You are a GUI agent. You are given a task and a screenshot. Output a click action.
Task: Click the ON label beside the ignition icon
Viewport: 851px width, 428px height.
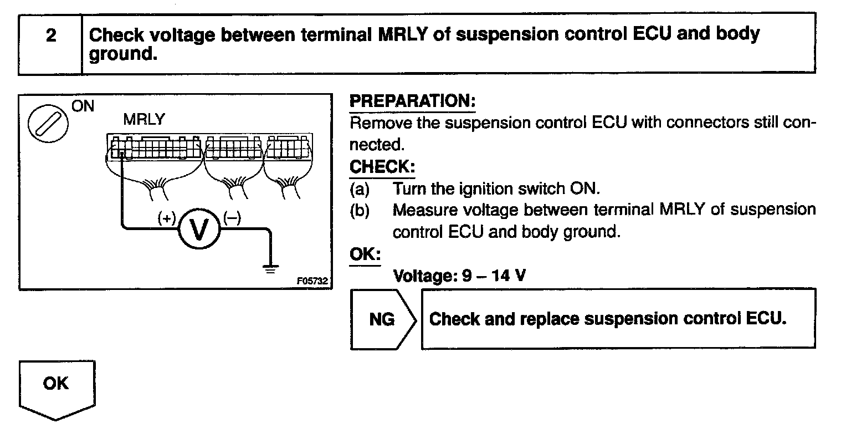(83, 106)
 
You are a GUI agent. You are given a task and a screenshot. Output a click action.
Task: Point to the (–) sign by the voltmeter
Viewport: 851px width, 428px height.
(232, 218)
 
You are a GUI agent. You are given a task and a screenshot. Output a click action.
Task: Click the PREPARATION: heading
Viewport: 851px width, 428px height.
(413, 101)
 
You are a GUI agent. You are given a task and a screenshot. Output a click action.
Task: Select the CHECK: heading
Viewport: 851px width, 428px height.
(382, 166)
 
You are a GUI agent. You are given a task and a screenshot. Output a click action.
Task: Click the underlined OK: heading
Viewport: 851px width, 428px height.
(365, 254)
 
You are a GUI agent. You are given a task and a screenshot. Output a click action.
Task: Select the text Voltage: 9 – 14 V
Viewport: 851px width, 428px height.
(459, 275)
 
